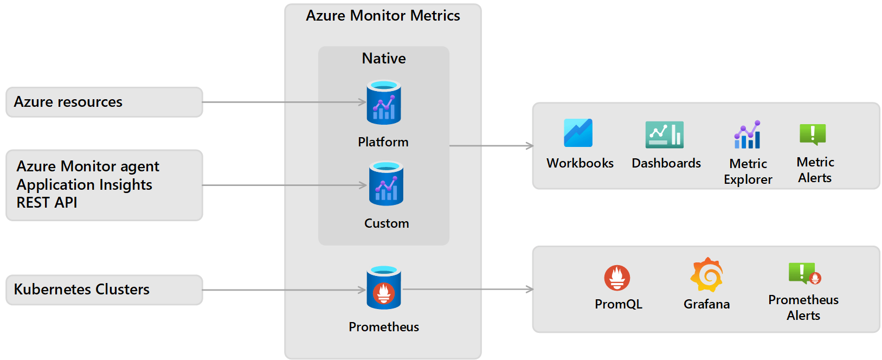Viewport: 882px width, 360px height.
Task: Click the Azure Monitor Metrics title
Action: [x=383, y=16]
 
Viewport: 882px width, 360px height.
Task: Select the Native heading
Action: [x=384, y=59]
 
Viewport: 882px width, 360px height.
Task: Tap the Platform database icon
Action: [x=384, y=102]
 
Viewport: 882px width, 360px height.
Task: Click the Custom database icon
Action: [x=386, y=184]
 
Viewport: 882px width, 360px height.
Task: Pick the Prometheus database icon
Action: [x=384, y=288]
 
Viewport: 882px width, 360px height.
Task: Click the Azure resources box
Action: [x=104, y=102]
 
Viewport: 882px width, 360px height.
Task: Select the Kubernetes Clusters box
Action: [x=104, y=290]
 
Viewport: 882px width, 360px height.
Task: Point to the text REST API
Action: [x=47, y=203]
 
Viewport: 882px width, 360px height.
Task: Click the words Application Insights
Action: [x=85, y=185]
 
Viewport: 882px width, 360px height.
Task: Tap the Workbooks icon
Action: [x=578, y=133]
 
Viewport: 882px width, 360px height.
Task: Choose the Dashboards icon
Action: [x=665, y=134]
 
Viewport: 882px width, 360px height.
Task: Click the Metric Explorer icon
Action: [x=748, y=134]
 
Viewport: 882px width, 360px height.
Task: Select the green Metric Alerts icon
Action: [x=813, y=134]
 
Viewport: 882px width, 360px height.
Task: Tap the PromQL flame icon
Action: [x=617, y=278]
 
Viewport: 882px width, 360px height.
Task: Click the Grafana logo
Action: [x=707, y=275]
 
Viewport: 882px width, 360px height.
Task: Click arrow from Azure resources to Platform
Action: [x=282, y=102]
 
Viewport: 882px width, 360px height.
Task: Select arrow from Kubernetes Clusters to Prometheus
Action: [x=282, y=290]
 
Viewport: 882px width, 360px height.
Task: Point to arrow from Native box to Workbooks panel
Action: [x=491, y=145]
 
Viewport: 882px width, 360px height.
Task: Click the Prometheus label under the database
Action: [x=384, y=327]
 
